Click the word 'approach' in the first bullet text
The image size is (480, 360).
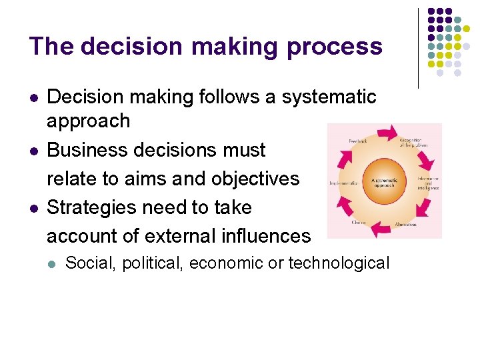[x=88, y=121]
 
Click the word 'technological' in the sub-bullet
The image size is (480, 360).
[x=339, y=263]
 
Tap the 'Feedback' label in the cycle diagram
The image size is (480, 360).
[x=357, y=141]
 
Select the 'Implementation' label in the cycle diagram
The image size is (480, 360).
[x=345, y=182]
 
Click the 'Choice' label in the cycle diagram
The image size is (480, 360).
[x=359, y=222]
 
